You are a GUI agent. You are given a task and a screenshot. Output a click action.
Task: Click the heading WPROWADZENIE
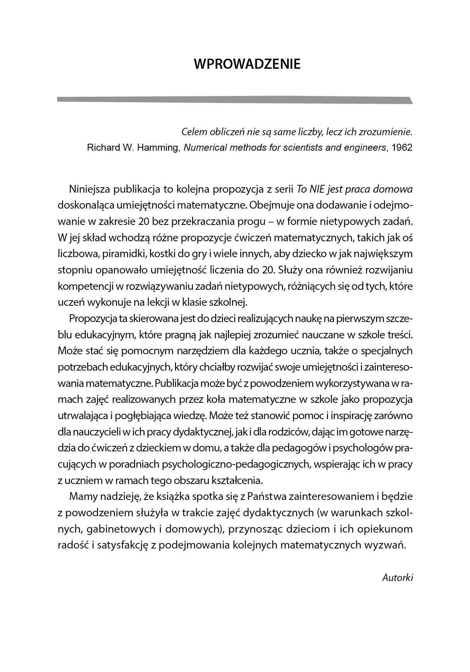[x=247, y=64]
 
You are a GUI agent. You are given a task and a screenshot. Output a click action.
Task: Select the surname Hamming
[x=158, y=148]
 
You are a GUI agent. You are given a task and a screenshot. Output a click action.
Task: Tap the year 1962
[x=402, y=148]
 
